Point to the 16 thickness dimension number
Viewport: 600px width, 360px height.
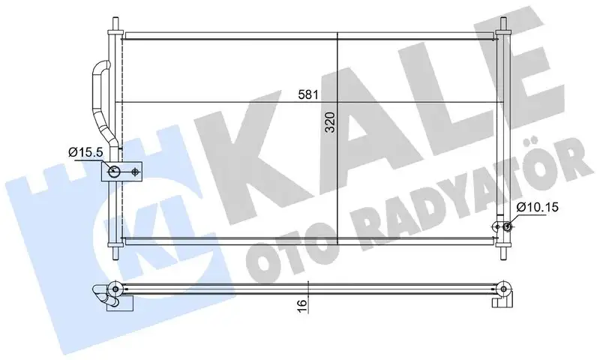[300, 304]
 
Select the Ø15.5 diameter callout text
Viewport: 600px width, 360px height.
[85, 153]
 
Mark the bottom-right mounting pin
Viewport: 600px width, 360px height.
[503, 250]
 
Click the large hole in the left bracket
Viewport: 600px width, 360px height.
[114, 172]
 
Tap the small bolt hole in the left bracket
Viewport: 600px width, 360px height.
[135, 172]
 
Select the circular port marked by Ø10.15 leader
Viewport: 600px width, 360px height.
[508, 227]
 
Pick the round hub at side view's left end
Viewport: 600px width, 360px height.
[114, 287]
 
